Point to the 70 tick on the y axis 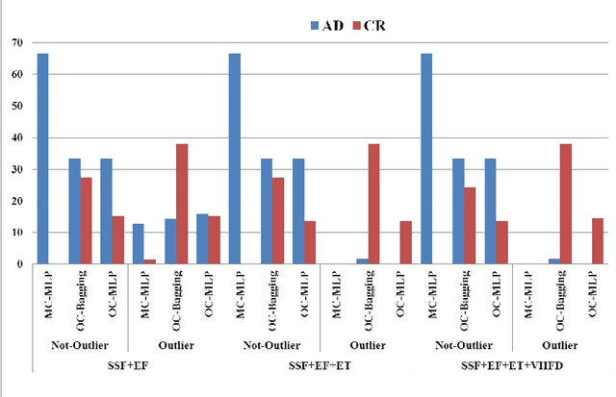click(x=16, y=42)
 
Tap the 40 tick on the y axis click(x=16, y=137)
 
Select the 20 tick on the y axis click(x=16, y=201)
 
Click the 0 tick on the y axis click(x=19, y=263)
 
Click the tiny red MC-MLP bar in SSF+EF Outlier click(x=150, y=261)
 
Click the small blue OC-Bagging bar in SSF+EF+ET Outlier click(x=362, y=261)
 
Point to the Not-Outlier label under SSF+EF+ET click(x=271, y=342)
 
